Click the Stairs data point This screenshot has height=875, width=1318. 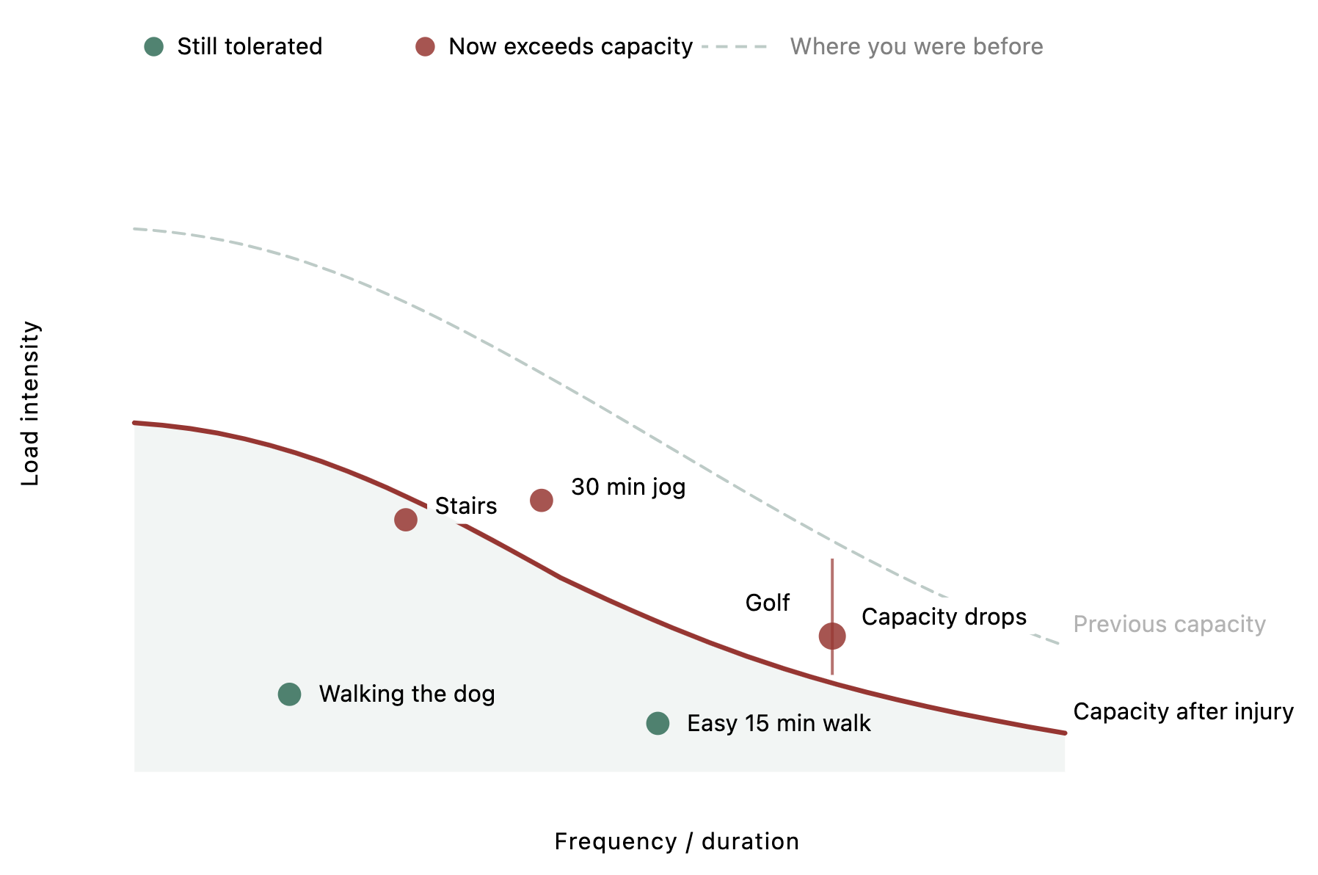(405, 520)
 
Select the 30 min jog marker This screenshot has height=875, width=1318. (541, 501)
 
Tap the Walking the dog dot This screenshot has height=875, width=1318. (289, 694)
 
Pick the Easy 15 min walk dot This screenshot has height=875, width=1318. (658, 724)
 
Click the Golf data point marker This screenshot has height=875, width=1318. (831, 636)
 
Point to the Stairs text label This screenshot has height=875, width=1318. (465, 506)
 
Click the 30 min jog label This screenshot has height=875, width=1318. (628, 487)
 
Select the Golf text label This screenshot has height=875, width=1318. (767, 603)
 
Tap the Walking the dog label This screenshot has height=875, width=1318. (407, 694)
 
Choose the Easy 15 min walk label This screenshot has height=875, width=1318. (778, 724)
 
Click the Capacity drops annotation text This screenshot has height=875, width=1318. (943, 617)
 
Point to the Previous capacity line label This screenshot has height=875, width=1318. (1168, 624)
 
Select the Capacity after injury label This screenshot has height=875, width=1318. (1182, 711)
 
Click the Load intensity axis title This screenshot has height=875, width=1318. (30, 403)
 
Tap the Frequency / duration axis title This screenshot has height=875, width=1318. (676, 841)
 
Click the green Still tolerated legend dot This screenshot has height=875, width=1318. (153, 47)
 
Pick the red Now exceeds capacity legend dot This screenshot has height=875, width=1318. (425, 47)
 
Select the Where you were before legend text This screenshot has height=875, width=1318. (916, 47)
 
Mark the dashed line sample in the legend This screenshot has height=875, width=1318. (734, 47)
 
